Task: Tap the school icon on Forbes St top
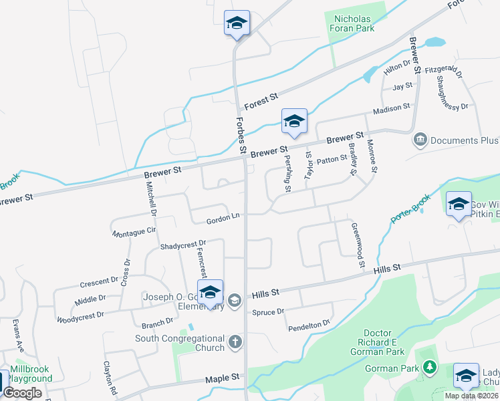point(237,24)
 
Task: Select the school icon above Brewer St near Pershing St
point(294,122)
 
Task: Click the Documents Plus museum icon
point(420,140)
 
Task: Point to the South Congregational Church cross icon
point(235,343)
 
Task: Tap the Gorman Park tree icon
point(428,368)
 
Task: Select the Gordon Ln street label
point(223,217)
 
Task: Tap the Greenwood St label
point(358,245)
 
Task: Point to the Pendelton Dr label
point(309,325)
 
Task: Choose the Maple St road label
point(223,378)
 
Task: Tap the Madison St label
point(391,108)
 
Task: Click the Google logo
point(22,393)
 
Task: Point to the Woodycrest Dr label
point(81,315)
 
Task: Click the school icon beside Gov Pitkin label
point(459,205)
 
